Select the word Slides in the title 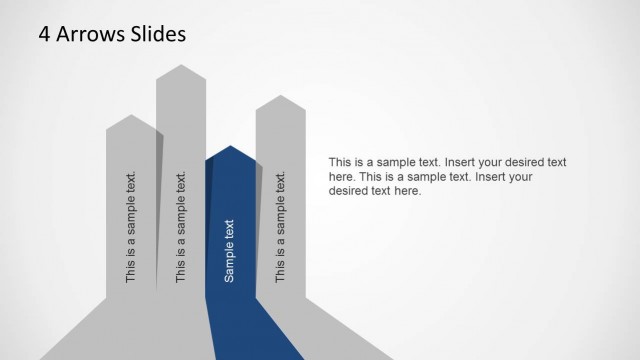point(155,35)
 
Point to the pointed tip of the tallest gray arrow point(180,66)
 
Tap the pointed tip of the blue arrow point(230,147)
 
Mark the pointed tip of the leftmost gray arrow point(131,116)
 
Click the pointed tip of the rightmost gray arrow point(280,96)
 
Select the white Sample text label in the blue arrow point(230,250)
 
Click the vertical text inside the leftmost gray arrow point(131,229)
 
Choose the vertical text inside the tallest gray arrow point(181,229)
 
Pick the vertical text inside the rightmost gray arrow point(281,229)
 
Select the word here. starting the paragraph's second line point(342,177)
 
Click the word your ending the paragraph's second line point(520,177)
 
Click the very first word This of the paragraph point(341,162)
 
